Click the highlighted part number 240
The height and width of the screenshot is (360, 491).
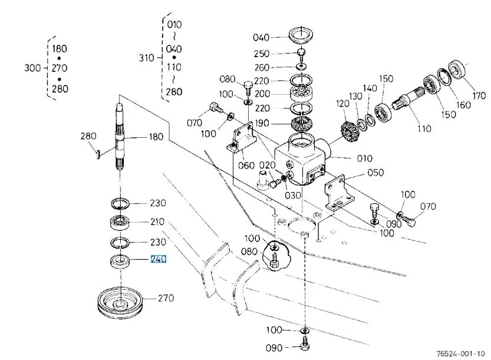coord(159,259)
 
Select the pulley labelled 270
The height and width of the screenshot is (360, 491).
coord(120,302)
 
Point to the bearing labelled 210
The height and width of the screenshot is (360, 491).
coord(120,223)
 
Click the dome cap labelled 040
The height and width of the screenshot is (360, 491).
coord(301,35)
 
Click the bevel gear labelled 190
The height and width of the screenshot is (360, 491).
coord(301,123)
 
